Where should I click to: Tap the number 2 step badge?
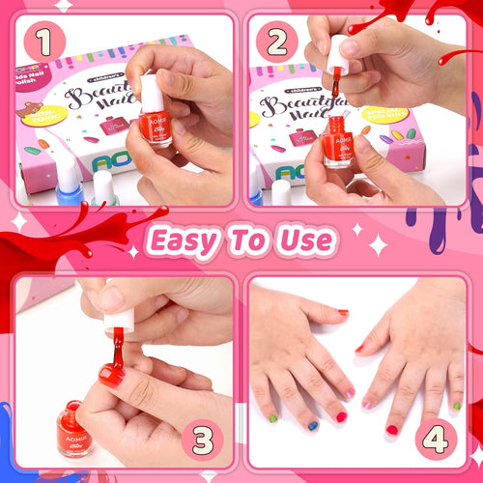(x=279, y=41)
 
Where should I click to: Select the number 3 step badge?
(x=201, y=440)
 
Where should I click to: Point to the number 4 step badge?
(x=440, y=440)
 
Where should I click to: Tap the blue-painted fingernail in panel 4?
(x=312, y=425)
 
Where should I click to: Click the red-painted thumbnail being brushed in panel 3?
(x=109, y=375)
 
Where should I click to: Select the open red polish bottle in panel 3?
(x=75, y=430)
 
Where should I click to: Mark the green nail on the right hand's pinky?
(x=455, y=405)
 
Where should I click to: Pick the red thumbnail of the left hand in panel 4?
(x=343, y=312)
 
